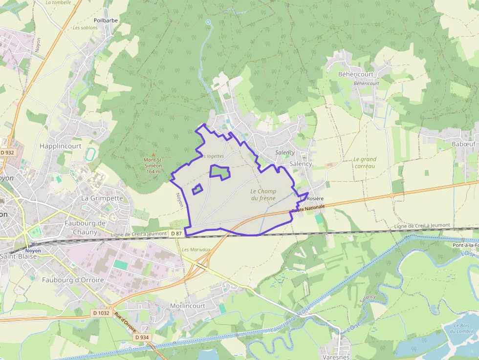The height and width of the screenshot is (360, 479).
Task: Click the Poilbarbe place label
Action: point(106,21)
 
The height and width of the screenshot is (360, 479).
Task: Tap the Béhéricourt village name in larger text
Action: point(356,74)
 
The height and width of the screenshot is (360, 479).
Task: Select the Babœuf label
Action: point(463,144)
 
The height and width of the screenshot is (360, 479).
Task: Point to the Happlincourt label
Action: point(61,146)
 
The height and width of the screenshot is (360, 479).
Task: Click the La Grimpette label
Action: point(102,198)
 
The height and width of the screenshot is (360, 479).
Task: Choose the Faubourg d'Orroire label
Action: point(73,280)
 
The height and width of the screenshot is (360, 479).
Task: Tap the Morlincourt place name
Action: point(188,306)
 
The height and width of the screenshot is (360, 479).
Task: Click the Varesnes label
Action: point(337,357)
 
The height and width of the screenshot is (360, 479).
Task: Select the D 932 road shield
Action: point(7,153)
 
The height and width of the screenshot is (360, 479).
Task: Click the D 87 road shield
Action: point(176,234)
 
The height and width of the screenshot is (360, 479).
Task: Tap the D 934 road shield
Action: point(142,338)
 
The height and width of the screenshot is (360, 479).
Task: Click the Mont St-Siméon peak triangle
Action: point(153,154)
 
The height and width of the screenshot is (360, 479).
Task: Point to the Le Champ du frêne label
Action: point(263,194)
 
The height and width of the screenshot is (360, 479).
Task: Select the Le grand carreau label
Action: point(365,163)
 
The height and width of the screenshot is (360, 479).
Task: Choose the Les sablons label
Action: point(85,28)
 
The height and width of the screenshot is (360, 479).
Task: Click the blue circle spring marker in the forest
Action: point(208,22)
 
